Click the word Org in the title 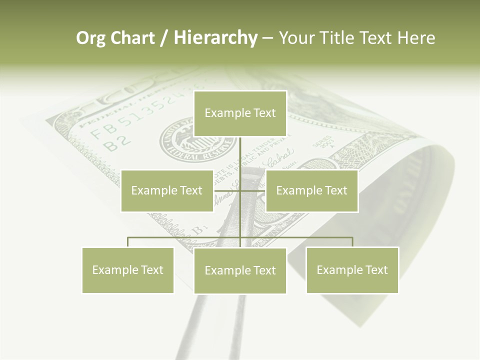tap(90, 38)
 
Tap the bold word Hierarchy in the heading tap(215, 38)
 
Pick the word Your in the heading tap(296, 38)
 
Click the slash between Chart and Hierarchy tap(163, 38)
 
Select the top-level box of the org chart tap(240, 113)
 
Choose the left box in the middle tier tap(167, 190)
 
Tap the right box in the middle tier tap(312, 190)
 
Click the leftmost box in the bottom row tap(128, 270)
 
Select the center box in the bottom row tap(240, 270)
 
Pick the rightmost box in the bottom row tap(352, 270)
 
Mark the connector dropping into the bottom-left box tap(128, 242)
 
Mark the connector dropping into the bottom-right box tap(352, 242)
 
